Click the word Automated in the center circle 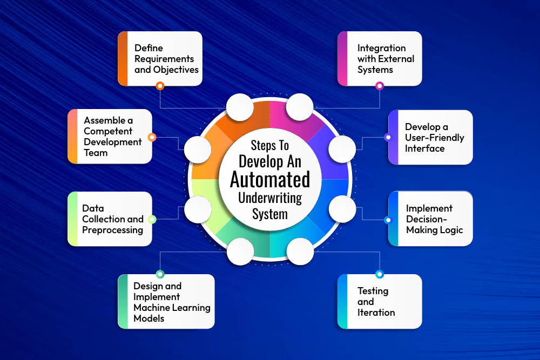click(x=270, y=179)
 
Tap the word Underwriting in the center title click(x=270, y=198)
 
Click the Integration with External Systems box click(x=380, y=58)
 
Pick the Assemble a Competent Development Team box click(x=110, y=137)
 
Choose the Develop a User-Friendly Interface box click(x=430, y=137)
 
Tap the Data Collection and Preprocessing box click(x=110, y=219)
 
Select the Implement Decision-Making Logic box click(x=430, y=219)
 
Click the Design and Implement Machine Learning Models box click(x=166, y=301)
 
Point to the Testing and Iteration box click(x=380, y=301)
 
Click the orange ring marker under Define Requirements click(x=160, y=85)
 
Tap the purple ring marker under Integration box click(x=380, y=85)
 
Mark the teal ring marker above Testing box click(x=380, y=274)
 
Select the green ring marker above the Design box click(x=160, y=274)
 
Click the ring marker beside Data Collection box click(x=152, y=219)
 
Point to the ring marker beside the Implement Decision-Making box click(x=388, y=220)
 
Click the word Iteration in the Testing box click(x=376, y=312)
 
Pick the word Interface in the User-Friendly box click(x=425, y=148)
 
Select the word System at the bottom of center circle click(x=270, y=214)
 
